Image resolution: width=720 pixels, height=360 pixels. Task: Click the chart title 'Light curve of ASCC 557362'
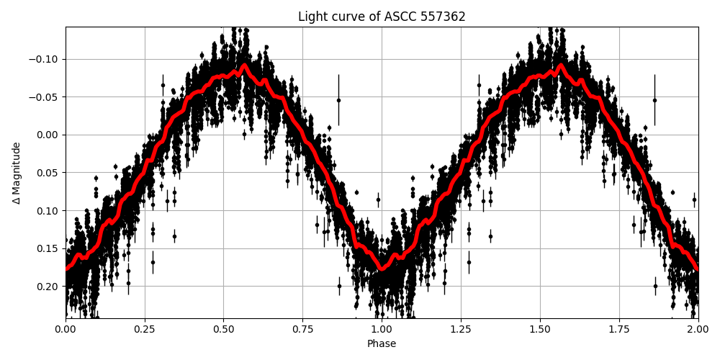(x=382, y=17)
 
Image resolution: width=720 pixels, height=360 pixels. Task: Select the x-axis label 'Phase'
(x=382, y=344)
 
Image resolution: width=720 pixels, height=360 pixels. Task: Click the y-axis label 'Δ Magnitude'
(x=16, y=173)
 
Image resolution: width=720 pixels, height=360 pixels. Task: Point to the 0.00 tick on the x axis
(x=66, y=330)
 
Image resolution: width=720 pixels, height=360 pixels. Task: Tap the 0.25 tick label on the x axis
(x=145, y=330)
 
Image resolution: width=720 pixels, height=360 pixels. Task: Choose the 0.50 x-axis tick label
(x=224, y=330)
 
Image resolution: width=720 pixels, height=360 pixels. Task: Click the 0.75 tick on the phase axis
(x=302, y=330)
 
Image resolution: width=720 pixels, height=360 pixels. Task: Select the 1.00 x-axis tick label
(x=382, y=330)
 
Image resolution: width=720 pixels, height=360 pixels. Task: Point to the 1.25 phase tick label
(x=461, y=330)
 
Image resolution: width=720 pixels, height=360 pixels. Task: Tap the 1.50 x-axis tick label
(x=540, y=330)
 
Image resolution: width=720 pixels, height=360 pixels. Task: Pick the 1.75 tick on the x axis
(x=619, y=330)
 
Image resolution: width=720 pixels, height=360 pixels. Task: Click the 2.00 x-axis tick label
(x=698, y=330)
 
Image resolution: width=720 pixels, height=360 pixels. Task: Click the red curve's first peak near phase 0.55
(x=244, y=66)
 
